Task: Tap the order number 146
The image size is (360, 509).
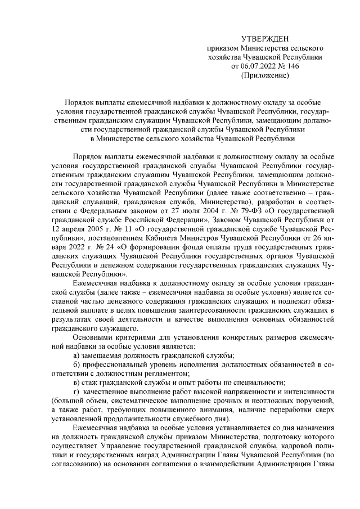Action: (292, 65)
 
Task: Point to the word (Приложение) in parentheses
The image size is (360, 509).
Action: (264, 74)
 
